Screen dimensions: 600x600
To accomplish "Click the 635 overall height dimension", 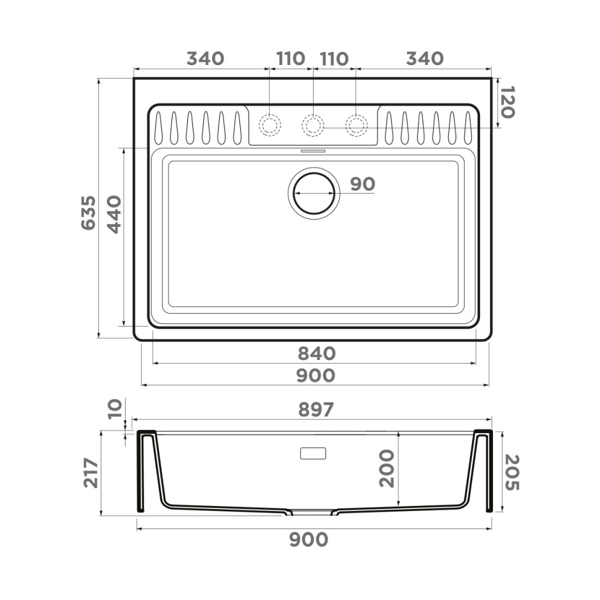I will click(x=89, y=213).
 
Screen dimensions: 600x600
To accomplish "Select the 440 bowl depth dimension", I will click(x=114, y=213).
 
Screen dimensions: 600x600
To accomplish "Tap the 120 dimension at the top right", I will click(x=507, y=102).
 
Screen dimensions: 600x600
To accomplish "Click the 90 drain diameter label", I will click(x=362, y=184).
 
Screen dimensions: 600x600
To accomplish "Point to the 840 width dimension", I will click(x=316, y=354).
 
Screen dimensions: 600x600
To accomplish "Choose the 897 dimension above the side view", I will click(x=315, y=409).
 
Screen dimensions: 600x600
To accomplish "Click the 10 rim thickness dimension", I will click(x=114, y=409).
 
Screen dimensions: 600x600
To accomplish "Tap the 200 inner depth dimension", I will click(x=387, y=468).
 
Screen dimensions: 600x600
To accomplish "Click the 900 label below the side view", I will click(x=309, y=540).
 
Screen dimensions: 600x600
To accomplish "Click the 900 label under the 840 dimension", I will click(x=316, y=375).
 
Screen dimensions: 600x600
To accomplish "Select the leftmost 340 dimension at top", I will click(x=205, y=59).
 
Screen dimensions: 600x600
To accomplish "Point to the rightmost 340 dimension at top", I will click(x=425, y=59).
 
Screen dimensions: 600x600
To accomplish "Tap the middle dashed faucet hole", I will click(x=313, y=126).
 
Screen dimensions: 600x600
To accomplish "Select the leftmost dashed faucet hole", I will click(x=270, y=126).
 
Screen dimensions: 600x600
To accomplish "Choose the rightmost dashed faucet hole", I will click(x=356, y=126).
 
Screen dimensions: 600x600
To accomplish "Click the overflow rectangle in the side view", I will click(x=312, y=453).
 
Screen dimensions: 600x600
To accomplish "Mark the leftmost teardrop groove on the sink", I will click(x=159, y=128).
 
